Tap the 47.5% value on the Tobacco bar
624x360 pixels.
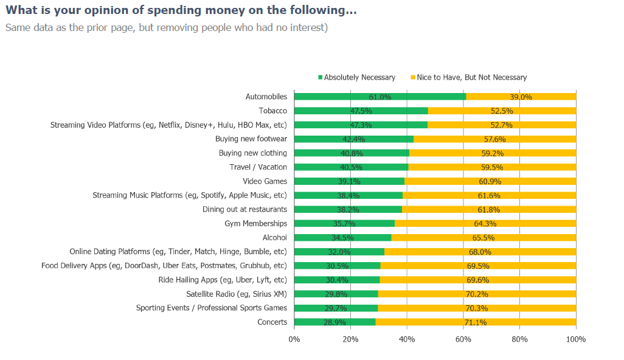361,111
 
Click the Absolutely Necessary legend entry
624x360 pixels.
359,77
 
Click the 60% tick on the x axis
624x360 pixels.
463,339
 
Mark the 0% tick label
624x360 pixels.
294,339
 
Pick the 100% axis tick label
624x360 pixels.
575,339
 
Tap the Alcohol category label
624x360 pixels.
274,238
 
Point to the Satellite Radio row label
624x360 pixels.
237,294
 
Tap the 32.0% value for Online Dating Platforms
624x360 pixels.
339,252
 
